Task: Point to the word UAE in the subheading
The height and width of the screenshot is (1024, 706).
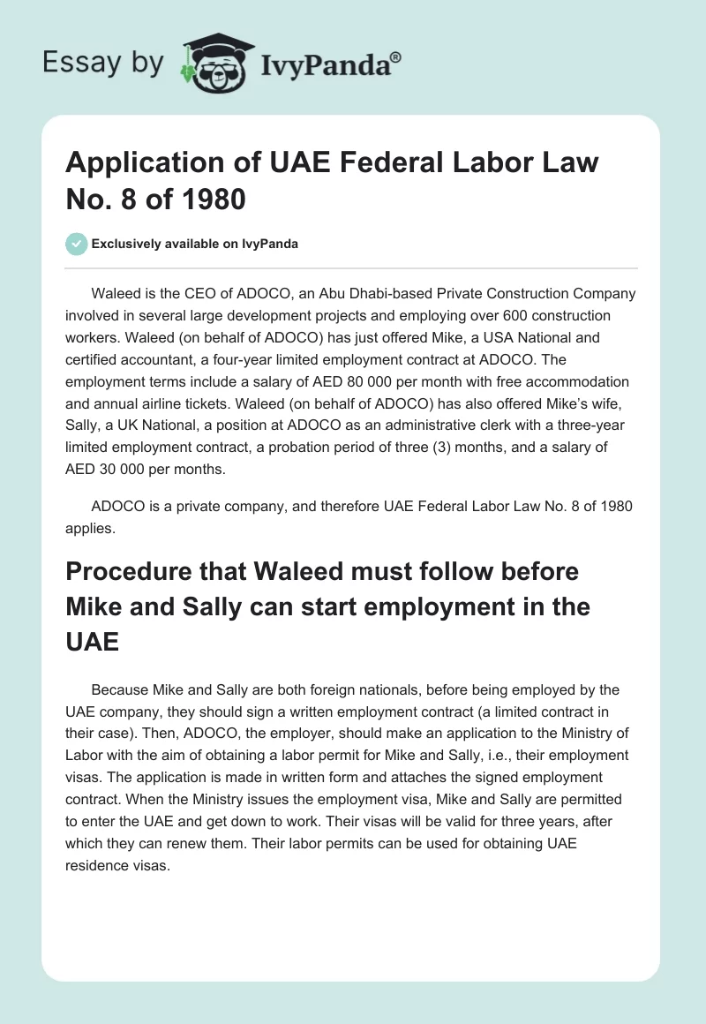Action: click(93, 641)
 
